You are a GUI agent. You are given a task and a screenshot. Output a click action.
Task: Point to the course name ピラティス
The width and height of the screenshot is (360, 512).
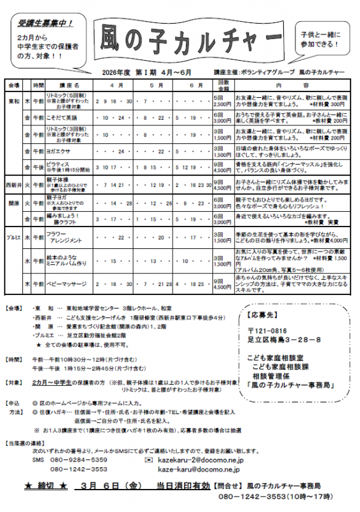(58, 164)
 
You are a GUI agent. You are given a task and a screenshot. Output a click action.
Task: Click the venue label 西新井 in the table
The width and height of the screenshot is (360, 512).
(13, 185)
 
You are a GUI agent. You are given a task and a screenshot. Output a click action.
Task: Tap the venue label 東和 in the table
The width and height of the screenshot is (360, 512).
(13, 101)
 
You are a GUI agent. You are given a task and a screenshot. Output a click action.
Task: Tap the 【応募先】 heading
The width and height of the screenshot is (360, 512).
(262, 316)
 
